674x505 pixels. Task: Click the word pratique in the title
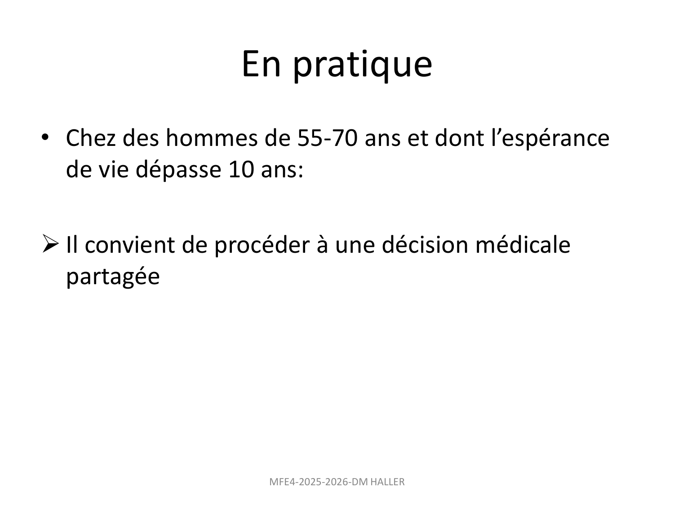363,65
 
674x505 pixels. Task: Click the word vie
111,171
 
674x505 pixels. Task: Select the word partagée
113,277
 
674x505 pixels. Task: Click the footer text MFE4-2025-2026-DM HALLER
337,482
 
